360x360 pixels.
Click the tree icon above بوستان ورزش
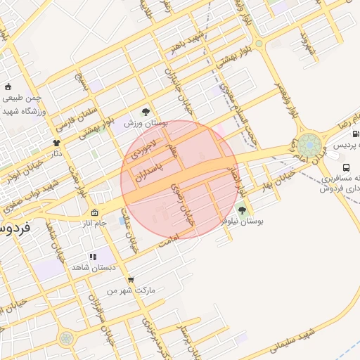pos(146,111)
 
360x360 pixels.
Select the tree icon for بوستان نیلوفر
pos(242,210)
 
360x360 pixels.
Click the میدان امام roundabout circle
pos(309,146)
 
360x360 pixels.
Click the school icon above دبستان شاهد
pos(92,257)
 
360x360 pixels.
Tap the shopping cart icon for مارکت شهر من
pos(131,279)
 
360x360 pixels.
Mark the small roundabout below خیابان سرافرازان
pos(65,338)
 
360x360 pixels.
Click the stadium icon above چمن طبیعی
pos(8,87)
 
